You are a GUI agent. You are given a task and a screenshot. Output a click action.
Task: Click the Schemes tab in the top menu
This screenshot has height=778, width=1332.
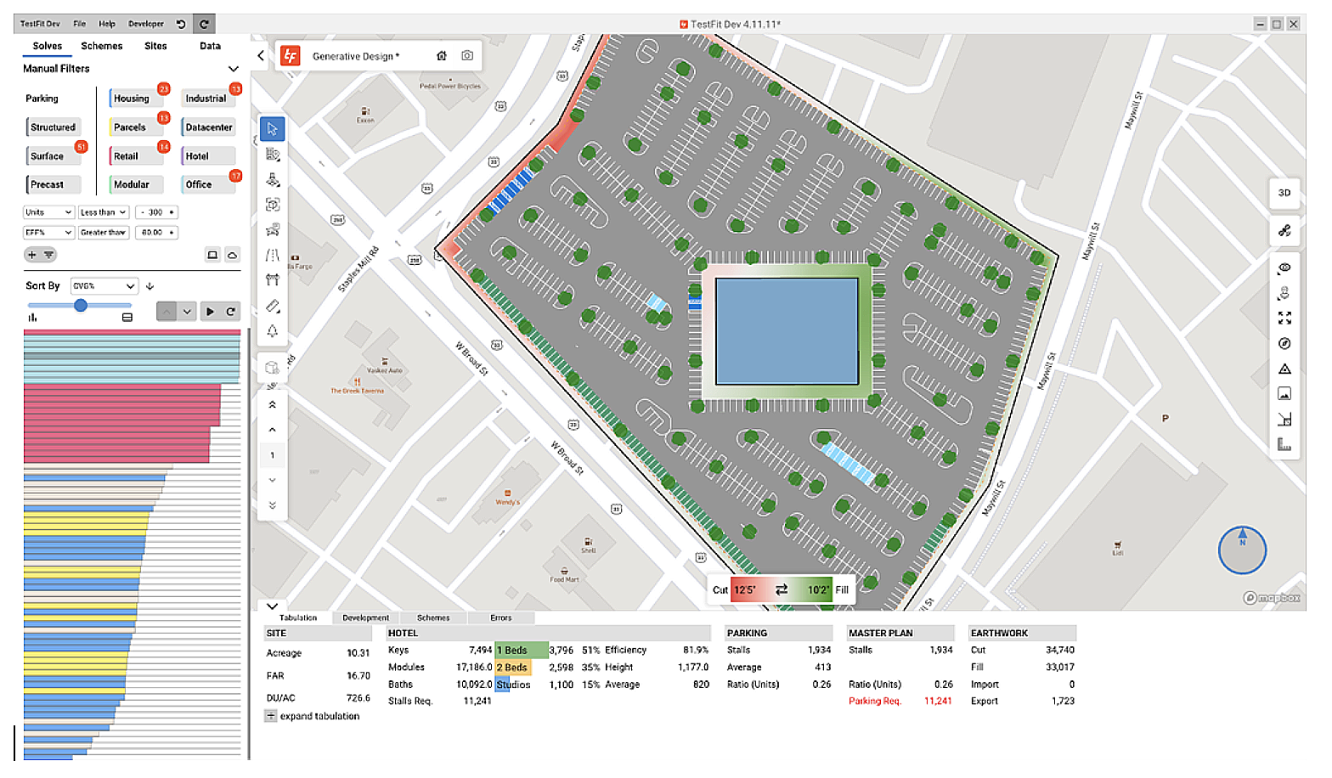101,46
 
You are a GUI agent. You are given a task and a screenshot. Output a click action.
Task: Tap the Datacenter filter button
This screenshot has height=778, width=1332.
208,127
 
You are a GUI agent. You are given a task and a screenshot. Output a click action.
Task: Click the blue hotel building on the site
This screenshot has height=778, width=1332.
787,331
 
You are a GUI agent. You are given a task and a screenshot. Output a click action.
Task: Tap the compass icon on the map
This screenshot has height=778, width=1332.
1242,550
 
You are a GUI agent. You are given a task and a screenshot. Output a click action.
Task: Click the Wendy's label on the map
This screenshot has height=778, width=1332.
508,502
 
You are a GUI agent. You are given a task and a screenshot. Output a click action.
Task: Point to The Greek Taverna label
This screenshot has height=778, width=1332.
358,391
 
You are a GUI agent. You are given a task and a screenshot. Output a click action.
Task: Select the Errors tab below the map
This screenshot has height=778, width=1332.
501,617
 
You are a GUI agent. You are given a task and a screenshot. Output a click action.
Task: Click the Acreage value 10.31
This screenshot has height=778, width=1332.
358,653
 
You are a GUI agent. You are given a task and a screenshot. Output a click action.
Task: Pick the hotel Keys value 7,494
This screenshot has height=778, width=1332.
480,650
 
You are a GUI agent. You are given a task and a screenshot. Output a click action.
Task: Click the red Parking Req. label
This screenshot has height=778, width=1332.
874,701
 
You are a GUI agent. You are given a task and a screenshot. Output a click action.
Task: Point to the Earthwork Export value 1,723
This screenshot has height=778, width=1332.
1063,701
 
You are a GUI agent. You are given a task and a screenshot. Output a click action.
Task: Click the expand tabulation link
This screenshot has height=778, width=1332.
319,716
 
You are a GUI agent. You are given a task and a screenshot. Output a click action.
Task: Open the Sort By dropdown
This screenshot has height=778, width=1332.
104,286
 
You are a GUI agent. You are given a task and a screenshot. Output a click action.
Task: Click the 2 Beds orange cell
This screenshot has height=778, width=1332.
513,668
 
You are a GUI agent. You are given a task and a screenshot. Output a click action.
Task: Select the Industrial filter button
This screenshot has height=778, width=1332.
206,99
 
